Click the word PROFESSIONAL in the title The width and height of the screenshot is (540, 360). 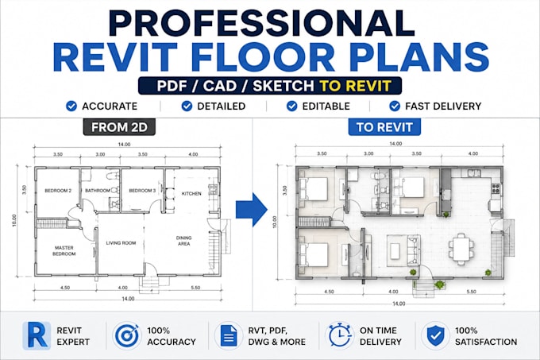(262, 23)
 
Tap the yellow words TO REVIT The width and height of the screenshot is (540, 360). (355, 86)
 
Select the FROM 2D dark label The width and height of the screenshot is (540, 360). (119, 127)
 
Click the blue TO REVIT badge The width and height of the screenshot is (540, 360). (384, 127)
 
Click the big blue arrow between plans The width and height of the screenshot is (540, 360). (252, 210)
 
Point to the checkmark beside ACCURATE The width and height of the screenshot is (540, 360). (71, 106)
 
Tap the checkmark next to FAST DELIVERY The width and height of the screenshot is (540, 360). (395, 106)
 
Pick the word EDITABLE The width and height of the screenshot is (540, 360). (326, 106)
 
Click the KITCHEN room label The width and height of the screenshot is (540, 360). (191, 194)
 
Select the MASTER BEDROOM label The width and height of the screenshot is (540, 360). (64, 251)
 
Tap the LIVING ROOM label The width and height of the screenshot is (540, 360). (121, 243)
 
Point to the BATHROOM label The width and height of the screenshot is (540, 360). (98, 191)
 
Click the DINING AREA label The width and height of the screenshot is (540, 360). (184, 241)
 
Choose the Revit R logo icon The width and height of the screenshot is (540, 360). (37, 335)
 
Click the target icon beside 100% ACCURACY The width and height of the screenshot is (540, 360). (127, 335)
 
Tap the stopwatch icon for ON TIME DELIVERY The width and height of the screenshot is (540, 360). (340, 335)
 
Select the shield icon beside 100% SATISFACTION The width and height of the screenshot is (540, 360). (435, 335)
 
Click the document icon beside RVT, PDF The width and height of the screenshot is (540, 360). (229, 335)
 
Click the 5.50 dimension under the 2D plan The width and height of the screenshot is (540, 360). (195, 288)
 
